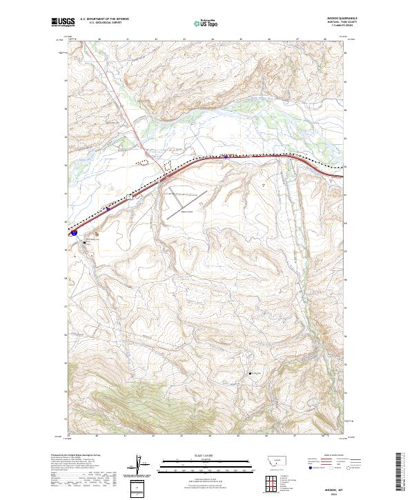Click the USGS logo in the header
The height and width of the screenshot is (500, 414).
[x=63, y=22]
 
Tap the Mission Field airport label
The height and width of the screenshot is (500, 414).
[x=186, y=212]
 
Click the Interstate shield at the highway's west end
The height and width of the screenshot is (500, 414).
[x=74, y=233]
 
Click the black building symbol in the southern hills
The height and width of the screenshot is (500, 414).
[x=250, y=374]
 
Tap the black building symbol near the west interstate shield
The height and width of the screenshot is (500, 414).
[x=86, y=242]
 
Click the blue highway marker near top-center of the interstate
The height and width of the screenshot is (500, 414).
[x=226, y=157]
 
